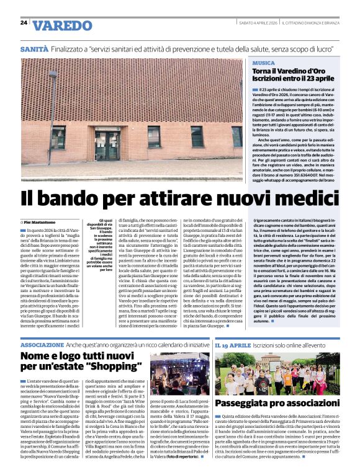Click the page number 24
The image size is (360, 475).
click(24, 23)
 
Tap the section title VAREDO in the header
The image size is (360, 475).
click(61, 26)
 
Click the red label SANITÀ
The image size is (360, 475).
click(34, 48)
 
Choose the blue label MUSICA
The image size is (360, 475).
click(264, 63)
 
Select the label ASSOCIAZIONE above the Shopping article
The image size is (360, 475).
click(42, 344)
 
